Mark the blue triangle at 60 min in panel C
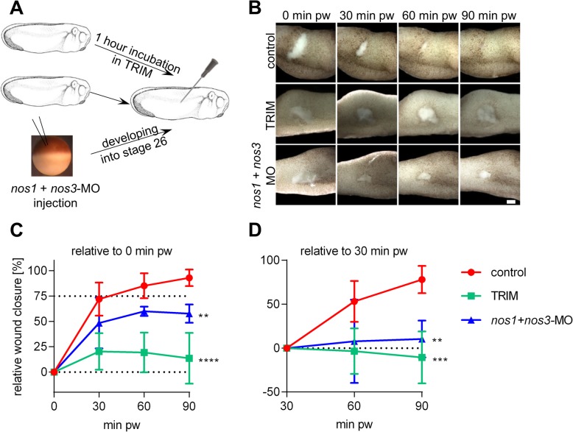(144, 311)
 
